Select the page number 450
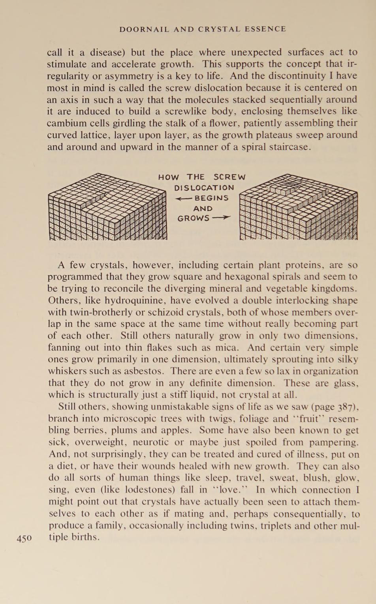click(x=24, y=538)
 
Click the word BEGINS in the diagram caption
click(x=212, y=198)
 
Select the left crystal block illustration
click(x=107, y=207)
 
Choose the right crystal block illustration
click(x=299, y=207)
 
